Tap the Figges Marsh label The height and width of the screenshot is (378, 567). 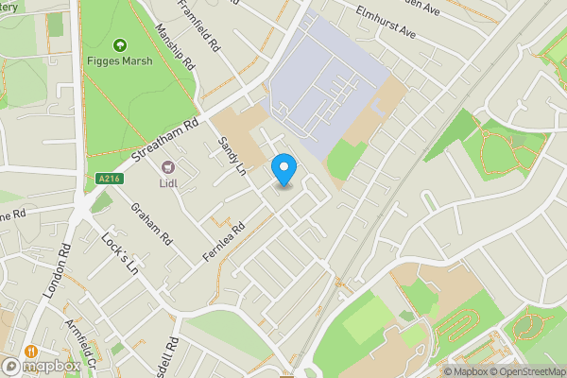click(x=120, y=62)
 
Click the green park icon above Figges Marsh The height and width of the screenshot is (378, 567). click(x=120, y=44)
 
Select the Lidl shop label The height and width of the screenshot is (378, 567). click(x=169, y=183)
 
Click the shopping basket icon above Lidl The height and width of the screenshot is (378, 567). click(x=169, y=167)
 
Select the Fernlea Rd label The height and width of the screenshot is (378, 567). click(x=223, y=242)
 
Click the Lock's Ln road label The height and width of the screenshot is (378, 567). click(x=119, y=252)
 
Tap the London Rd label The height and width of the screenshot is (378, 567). click(x=57, y=275)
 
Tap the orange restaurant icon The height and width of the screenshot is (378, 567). click(x=32, y=348)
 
